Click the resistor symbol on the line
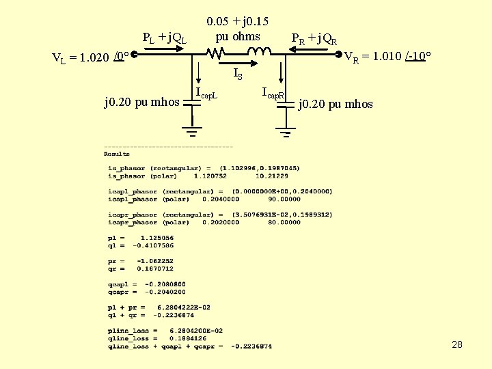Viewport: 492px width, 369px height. click(x=219, y=53)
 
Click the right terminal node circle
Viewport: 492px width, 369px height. click(x=338, y=53)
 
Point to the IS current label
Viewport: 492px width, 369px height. click(x=237, y=72)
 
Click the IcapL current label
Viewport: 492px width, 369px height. click(x=206, y=93)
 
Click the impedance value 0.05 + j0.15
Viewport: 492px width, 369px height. click(x=237, y=22)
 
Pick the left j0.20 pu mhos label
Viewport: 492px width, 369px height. click(x=141, y=103)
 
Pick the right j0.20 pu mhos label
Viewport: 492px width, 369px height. click(x=336, y=104)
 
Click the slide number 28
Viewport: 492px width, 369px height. click(x=457, y=344)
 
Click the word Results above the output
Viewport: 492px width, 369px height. click(x=116, y=154)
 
